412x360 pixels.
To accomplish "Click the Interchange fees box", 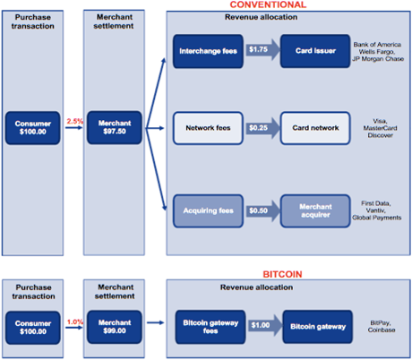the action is click(x=208, y=51).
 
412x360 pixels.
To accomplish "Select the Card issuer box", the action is click(x=315, y=51).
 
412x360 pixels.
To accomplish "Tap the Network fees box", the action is click(x=208, y=128).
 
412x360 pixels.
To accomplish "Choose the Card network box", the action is click(x=315, y=128).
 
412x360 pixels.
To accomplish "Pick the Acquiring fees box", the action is click(x=208, y=210).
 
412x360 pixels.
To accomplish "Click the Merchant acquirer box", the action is click(x=315, y=210).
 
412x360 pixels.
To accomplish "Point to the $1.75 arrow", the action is click(x=262, y=49).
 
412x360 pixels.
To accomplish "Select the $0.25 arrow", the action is click(x=262, y=128).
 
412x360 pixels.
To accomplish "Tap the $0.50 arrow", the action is click(x=262, y=210).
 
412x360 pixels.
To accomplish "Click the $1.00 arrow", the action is click(x=265, y=325).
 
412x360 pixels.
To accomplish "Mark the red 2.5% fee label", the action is click(x=74, y=121).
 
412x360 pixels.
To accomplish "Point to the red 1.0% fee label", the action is click(x=75, y=321).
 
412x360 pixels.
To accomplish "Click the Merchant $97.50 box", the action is click(x=115, y=127).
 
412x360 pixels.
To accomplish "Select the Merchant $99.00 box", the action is click(x=115, y=327).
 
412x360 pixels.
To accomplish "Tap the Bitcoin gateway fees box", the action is click(x=210, y=327).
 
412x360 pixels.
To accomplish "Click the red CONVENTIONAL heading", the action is click(x=268, y=4).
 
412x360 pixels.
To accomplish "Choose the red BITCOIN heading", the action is click(x=282, y=274).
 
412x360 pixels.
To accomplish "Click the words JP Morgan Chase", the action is click(x=378, y=59).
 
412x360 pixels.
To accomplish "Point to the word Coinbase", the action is click(x=382, y=330).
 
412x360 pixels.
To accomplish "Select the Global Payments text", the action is click(x=377, y=218).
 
